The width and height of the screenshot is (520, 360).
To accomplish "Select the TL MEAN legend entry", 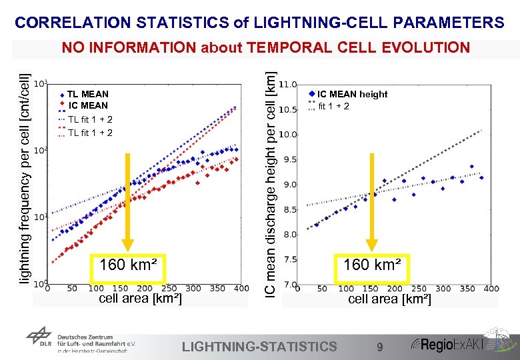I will pyautogui.click(x=87, y=95).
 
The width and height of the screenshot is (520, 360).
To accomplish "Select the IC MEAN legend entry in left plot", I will pyautogui.click(x=88, y=105).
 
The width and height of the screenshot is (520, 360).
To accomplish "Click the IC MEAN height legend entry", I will pyautogui.click(x=351, y=94).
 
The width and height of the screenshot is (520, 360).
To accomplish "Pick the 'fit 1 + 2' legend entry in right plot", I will pyautogui.click(x=333, y=106).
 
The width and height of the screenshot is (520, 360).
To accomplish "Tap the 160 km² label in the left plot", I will pyautogui.click(x=128, y=265).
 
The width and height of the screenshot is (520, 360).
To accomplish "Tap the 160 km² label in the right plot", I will pyautogui.click(x=372, y=265).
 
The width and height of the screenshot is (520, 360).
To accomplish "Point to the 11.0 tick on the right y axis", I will pyautogui.click(x=287, y=85).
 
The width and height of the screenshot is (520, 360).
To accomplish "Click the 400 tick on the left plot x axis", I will pyautogui.click(x=241, y=289).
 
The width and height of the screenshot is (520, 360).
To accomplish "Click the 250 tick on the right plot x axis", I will pyautogui.click(x=419, y=289).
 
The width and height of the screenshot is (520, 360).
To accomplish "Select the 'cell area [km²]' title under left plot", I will pyautogui.click(x=139, y=299).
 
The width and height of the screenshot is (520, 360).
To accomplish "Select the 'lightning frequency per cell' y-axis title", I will pyautogui.click(x=23, y=177).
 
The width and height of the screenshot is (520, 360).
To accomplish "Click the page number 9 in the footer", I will pyautogui.click(x=379, y=347).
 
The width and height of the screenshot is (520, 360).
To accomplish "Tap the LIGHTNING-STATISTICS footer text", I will pyautogui.click(x=259, y=346).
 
